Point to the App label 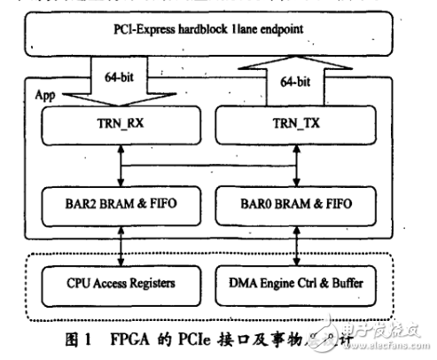(x=44, y=92)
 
